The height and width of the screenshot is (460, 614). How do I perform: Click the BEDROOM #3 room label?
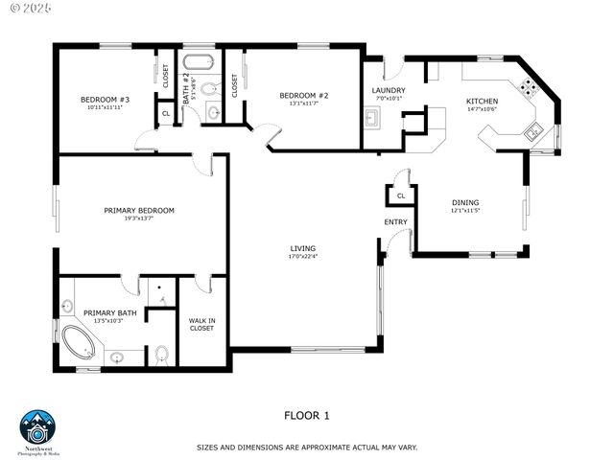pos(105,100)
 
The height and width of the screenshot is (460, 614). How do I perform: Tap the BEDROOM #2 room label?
pos(304,95)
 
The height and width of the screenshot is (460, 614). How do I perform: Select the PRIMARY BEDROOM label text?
pos(139,210)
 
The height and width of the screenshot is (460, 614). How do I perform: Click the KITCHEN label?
pos(482,101)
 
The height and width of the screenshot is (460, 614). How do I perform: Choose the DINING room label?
pos(465,202)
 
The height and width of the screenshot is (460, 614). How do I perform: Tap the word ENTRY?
pos(395,222)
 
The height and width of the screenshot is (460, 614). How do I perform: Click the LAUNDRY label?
pos(389,90)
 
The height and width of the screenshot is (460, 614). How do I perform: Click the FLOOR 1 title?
pos(306,416)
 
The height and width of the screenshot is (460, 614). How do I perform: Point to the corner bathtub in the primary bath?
pos(77,339)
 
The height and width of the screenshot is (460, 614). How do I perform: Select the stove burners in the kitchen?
pos(529,88)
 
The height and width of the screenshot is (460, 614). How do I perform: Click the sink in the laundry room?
pos(372,119)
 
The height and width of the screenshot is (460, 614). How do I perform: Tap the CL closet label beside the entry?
pos(401,195)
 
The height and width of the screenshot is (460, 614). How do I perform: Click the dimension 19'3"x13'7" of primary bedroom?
pos(139,219)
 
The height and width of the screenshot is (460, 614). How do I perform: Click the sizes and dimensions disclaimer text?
pos(307,447)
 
